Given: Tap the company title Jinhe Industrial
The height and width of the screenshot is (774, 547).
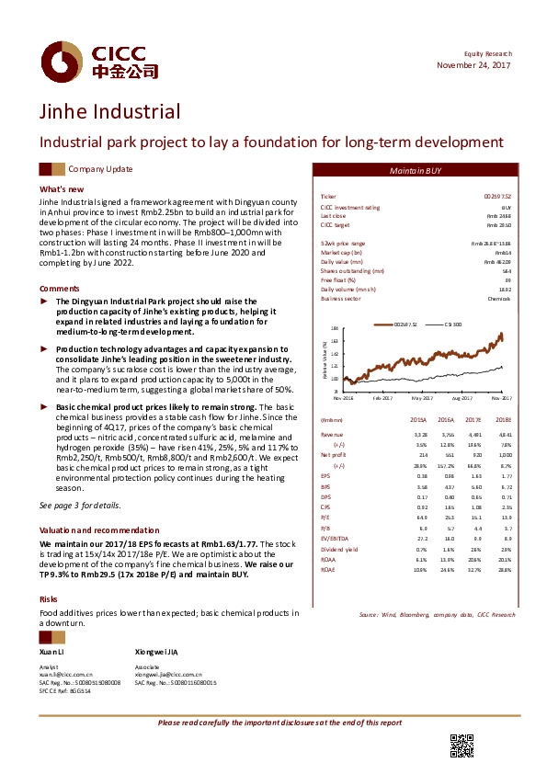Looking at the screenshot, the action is tap(109, 113).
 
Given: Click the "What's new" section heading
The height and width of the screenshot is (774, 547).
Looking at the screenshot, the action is tap(62, 188).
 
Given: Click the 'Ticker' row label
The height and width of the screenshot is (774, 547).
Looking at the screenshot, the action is tap(327, 198).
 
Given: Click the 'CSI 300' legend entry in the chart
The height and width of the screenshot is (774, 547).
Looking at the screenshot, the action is tap(455, 324).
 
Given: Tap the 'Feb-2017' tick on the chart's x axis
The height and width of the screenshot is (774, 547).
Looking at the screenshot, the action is tap(382, 397).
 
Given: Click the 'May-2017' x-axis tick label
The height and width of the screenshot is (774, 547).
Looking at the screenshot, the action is tap(423, 397).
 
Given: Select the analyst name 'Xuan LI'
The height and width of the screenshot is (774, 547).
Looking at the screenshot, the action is tap(52, 650).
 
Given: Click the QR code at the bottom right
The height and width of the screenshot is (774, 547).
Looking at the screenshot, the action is tap(461, 747).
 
